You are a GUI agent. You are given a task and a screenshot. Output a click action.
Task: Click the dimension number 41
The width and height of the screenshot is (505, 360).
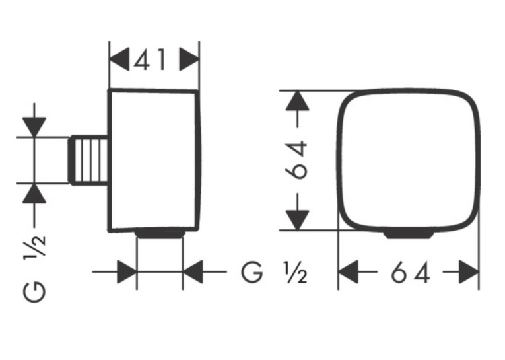click(x=150, y=59)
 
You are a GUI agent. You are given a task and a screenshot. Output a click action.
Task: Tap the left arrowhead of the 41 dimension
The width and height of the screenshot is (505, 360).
click(x=119, y=59)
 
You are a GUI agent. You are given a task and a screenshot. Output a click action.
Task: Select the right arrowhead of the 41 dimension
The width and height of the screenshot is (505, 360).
click(x=189, y=59)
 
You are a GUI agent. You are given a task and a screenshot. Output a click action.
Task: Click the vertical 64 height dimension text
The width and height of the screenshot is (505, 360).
click(x=296, y=160)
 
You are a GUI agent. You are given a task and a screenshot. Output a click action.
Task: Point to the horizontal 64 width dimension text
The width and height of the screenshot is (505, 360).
click(x=411, y=272)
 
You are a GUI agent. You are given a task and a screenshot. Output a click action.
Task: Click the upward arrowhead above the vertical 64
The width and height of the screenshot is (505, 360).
click(x=298, y=101)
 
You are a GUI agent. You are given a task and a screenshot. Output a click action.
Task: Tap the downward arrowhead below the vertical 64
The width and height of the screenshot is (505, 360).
click(x=298, y=221)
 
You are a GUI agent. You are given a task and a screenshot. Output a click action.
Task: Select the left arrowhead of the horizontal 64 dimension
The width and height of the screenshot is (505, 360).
click(x=349, y=272)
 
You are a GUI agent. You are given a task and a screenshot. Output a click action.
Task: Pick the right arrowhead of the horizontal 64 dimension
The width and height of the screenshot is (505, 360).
click(x=469, y=272)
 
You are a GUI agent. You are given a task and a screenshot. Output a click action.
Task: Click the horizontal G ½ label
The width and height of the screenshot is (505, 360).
click(x=274, y=273)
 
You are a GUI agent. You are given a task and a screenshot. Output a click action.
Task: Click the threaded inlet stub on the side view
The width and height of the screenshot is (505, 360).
click(x=89, y=160)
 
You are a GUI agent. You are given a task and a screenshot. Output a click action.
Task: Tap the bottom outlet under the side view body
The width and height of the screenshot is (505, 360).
click(x=160, y=234)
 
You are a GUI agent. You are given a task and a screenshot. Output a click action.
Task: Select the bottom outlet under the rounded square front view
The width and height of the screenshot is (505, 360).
click(x=408, y=234)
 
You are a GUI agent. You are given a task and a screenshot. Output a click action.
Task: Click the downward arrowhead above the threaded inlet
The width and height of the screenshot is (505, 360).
click(x=34, y=127)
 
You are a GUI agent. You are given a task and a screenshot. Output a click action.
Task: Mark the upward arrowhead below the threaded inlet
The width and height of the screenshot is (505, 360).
click(x=34, y=194)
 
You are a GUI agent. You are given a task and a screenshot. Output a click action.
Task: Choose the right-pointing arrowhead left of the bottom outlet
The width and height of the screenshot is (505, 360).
click(x=127, y=272)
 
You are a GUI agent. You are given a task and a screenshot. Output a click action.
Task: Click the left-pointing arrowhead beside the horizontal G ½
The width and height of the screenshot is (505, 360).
click(x=193, y=272)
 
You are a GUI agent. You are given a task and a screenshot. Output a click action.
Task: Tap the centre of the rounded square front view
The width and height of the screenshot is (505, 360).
click(x=409, y=160)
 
